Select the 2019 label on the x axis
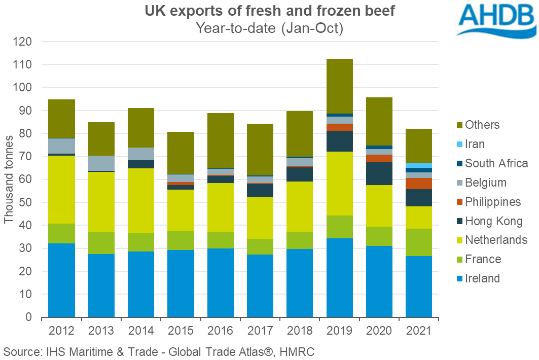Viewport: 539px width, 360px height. pyautogui.click(x=339, y=331)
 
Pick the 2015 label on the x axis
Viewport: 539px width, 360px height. pyautogui.click(x=181, y=331)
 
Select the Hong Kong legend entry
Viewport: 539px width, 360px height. pyautogui.click(x=486, y=221)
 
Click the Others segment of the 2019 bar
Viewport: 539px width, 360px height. pyautogui.click(x=339, y=86)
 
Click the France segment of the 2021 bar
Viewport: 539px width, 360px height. pyautogui.click(x=418, y=242)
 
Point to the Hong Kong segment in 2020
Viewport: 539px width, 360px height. pyautogui.click(x=379, y=173)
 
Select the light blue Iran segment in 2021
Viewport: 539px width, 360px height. pyautogui.click(x=418, y=165)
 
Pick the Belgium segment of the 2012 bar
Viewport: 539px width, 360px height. pyautogui.click(x=61, y=146)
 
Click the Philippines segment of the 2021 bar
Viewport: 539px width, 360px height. pyautogui.click(x=418, y=184)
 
